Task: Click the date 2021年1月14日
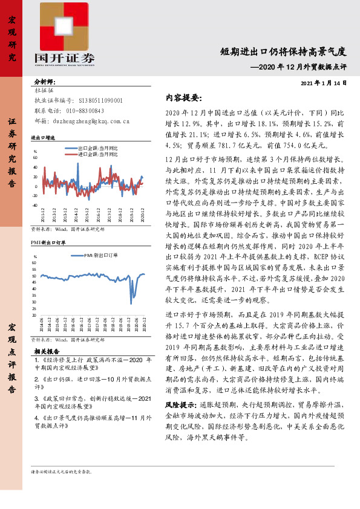click(324, 83)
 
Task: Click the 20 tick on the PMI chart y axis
click(35, 315)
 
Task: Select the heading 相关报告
click(47, 351)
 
